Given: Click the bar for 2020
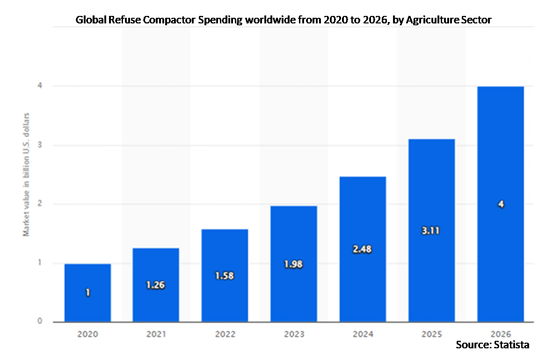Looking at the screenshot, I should (87, 293).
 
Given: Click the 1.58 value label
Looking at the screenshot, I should (225, 276).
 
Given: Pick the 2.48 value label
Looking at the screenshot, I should (362, 249).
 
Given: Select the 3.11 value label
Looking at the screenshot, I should (431, 231).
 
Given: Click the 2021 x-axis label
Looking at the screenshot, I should (156, 334).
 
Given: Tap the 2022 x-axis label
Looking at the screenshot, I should (225, 334).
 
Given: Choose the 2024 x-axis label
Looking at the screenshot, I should (362, 334).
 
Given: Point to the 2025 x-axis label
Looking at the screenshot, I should (431, 334).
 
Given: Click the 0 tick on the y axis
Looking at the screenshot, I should (40, 322).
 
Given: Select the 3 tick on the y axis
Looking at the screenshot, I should (40, 145).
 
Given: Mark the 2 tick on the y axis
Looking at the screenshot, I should (40, 204).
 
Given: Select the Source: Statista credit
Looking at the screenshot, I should (492, 345).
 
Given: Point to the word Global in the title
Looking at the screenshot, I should (90, 20).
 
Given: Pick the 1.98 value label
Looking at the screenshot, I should (293, 264).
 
